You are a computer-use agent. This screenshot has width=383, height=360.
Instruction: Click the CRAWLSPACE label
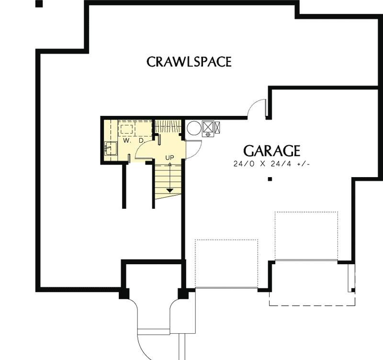point(189,62)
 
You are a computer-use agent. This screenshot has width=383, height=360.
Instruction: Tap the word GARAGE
point(271,151)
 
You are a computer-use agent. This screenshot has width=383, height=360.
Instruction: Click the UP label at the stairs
point(169,157)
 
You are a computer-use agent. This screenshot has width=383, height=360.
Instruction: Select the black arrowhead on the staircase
point(169,190)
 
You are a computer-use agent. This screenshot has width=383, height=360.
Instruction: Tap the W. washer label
point(126,141)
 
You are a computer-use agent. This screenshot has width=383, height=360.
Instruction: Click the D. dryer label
point(141,141)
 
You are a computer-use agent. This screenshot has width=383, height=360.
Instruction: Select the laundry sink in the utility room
point(111,148)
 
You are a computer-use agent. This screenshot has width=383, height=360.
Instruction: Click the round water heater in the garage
point(194,128)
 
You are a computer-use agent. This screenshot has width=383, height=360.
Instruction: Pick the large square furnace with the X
point(208,127)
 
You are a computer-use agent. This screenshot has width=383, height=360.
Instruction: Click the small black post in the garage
point(270,180)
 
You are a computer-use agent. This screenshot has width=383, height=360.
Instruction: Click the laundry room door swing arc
point(144,151)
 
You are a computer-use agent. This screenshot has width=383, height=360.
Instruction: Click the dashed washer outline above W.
point(127,129)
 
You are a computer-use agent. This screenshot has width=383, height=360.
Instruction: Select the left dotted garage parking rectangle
point(226,263)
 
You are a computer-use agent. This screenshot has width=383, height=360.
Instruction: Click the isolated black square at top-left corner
point(39,4)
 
